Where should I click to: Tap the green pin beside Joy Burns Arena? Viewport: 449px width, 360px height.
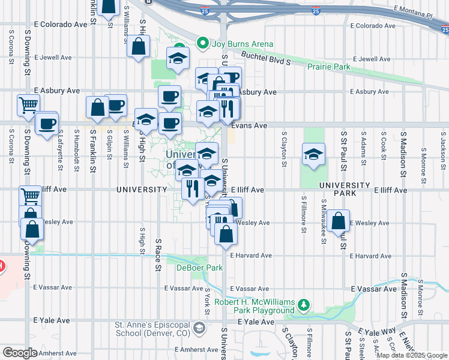[x=202, y=44]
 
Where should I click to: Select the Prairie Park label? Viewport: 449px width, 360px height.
[x=328, y=67]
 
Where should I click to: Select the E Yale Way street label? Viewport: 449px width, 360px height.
[x=378, y=332]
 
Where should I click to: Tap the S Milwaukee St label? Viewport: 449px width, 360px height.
[x=324, y=220]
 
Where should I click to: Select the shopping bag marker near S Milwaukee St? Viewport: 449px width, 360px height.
[x=339, y=221]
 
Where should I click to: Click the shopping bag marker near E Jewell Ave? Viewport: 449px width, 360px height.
[x=139, y=48]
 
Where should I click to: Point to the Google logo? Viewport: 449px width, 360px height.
[x=19, y=352]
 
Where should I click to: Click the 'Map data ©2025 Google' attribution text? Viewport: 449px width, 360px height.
[x=412, y=355]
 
